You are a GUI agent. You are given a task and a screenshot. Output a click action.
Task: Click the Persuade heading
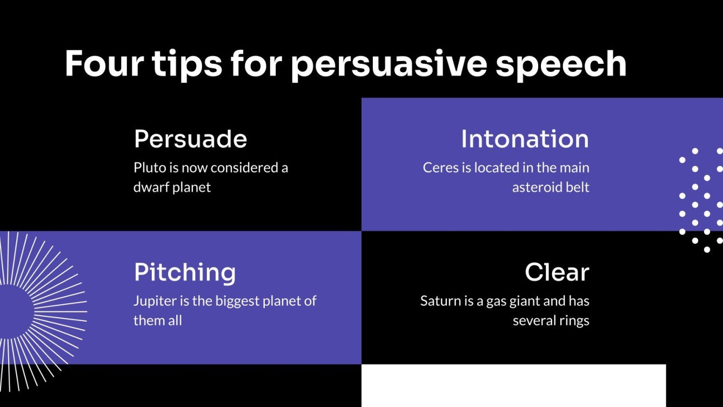click(x=190, y=139)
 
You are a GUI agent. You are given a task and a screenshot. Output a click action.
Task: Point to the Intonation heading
click(x=525, y=139)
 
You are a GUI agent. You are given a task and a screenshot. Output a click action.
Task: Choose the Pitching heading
click(x=185, y=272)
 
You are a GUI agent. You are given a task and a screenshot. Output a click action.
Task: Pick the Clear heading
click(x=557, y=272)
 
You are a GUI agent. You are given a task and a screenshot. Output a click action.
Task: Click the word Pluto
click(x=149, y=168)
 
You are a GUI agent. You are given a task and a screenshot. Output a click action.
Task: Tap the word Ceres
click(x=440, y=168)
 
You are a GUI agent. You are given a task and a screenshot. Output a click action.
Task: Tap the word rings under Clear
click(x=574, y=321)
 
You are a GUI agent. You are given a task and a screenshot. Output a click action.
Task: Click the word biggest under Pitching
click(x=238, y=301)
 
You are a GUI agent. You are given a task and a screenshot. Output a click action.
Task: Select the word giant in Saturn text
click(x=526, y=301)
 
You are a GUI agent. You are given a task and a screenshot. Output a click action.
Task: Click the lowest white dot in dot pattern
click(x=707, y=249)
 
